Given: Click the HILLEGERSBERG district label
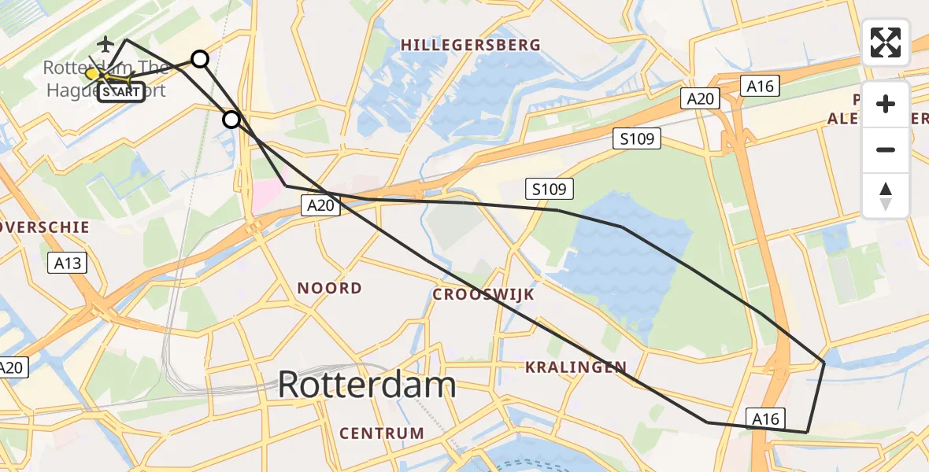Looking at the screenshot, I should point(471,45).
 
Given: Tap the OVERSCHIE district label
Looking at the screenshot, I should point(46,227).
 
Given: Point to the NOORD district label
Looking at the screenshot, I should point(329,288).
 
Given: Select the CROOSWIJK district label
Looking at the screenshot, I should point(483,294).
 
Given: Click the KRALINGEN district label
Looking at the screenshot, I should point(576,367).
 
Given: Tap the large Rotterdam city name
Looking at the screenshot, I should point(367,385).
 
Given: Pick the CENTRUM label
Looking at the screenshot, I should point(382,433).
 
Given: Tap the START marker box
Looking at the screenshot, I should point(122,92).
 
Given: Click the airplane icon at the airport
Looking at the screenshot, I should point(105,42).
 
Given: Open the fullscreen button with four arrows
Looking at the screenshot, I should point(886,42).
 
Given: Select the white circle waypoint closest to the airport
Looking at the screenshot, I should point(200,59).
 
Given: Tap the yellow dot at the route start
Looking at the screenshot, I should point(92,74).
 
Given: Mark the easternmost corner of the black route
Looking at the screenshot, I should point(824,362).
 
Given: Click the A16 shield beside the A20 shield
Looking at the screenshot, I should point(761,87).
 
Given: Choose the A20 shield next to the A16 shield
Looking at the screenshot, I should point(700,98).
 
